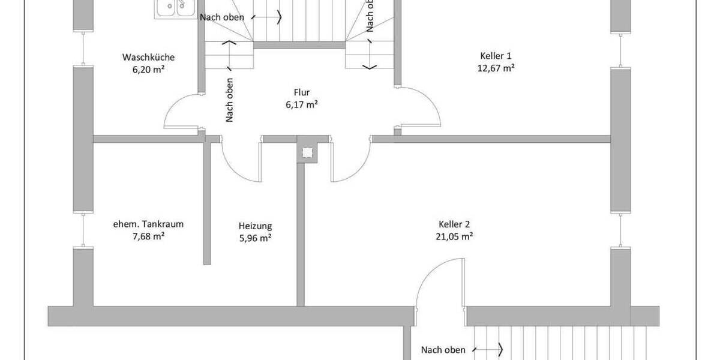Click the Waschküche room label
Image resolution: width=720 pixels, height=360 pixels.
[x=148, y=58]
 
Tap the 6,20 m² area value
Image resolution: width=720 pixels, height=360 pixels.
[x=148, y=69]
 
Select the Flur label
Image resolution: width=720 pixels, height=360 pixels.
[x=301, y=93]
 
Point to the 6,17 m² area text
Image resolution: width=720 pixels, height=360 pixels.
[x=301, y=104]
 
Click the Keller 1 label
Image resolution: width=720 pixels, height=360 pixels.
[x=496, y=56]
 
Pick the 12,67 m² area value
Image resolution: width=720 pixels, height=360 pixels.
[x=496, y=68]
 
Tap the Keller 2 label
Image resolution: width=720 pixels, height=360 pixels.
[x=454, y=224]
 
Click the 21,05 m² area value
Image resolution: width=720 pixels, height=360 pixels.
[x=454, y=236]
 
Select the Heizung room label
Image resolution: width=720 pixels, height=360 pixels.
[x=255, y=226]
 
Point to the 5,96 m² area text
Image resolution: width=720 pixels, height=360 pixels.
[x=255, y=238]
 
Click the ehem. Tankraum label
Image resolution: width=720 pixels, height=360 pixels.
[x=148, y=224]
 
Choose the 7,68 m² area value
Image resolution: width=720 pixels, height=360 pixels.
[x=148, y=236]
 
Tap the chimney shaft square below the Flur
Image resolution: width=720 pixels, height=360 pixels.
[x=308, y=153]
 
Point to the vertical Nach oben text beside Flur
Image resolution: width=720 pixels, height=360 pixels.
[x=229, y=101]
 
